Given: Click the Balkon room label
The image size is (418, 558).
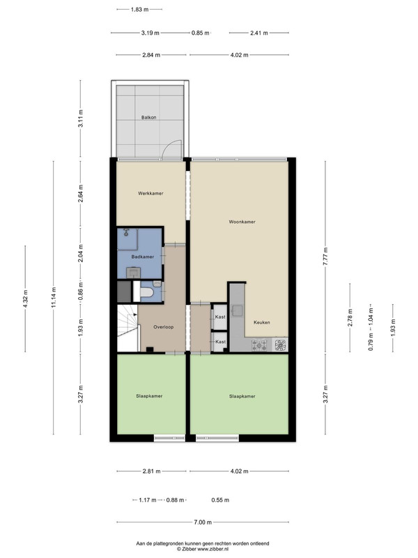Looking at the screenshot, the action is pos(148,117).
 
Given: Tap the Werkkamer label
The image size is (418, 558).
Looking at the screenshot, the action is pos(150,194).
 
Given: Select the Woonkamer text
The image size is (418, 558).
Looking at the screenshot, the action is pos(242,222).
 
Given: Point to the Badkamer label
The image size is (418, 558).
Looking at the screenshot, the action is pos(143,257).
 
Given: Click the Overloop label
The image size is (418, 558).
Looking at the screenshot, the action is pos(164,327).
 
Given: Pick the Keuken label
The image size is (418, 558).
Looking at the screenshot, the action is pos(262,323).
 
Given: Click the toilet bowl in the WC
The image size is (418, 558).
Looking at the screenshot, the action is pos(147,292).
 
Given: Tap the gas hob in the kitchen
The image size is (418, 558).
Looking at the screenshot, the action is pos(259,345).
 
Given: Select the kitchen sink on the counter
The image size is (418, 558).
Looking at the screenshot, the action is pos(237,310).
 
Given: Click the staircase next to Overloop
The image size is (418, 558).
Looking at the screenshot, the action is pos(127,327).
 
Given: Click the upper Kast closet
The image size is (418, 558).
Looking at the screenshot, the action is pos(220,317).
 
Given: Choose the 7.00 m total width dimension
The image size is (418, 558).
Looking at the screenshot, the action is pos(203,522).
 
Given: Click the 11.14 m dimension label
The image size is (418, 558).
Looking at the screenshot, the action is pos(54,298).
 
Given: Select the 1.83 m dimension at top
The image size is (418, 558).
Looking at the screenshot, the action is pos(140,10).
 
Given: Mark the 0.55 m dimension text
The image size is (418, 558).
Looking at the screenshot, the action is pos(220,500).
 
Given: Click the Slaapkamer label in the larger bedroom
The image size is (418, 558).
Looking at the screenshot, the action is pos(242,396).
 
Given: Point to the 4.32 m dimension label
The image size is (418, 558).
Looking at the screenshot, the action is pos(25,299).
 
